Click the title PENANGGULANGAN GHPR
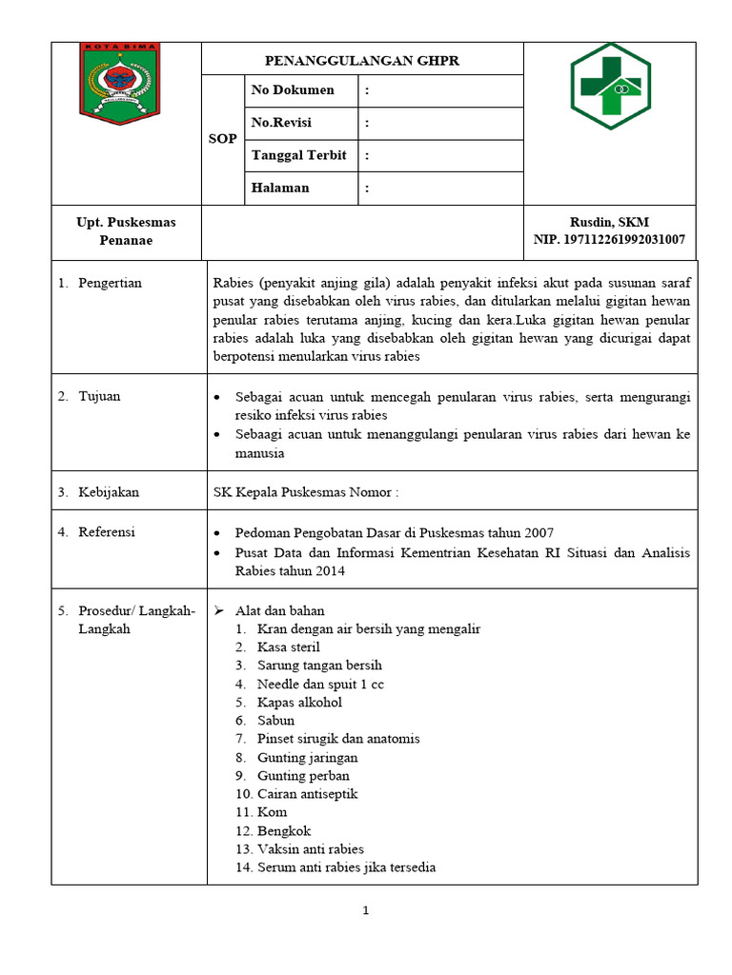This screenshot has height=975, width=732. click(362, 59)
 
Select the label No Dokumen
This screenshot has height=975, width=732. click(292, 90)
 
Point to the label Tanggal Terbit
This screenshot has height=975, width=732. click(298, 155)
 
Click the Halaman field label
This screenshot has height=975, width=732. click(280, 188)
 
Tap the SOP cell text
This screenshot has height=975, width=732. click(222, 139)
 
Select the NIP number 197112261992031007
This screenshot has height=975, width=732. click(609, 240)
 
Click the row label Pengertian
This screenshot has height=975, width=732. click(110, 283)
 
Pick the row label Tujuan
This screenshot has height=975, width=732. click(99, 396)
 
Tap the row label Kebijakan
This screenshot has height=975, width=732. click(109, 492)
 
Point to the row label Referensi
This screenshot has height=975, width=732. click(107, 532)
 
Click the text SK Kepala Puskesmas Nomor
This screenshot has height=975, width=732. click(305, 492)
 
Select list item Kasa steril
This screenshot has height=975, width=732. click(288, 647)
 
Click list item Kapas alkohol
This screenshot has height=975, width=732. click(299, 703)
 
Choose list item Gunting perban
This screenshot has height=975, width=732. click(303, 776)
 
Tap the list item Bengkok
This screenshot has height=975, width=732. click(284, 830)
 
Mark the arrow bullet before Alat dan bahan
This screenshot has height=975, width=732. click(216, 610)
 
